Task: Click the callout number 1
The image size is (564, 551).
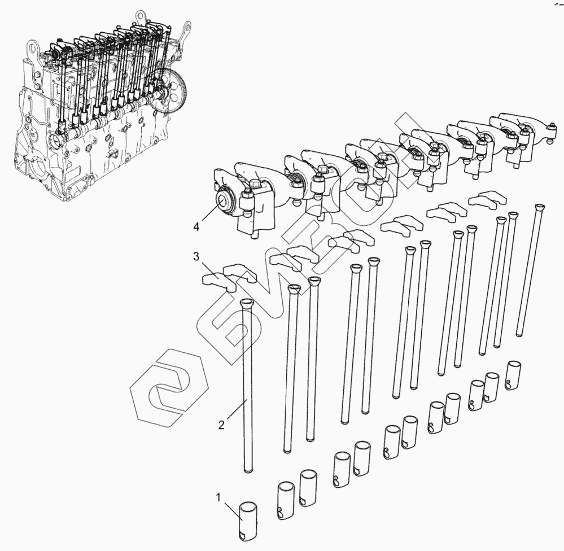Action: pos(218,497)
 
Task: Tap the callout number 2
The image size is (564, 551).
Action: pos(221,425)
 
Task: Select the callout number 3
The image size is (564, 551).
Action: pos(196,256)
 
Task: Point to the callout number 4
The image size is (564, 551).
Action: pos(196,226)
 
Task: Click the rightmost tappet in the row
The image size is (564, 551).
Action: pos(513,375)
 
